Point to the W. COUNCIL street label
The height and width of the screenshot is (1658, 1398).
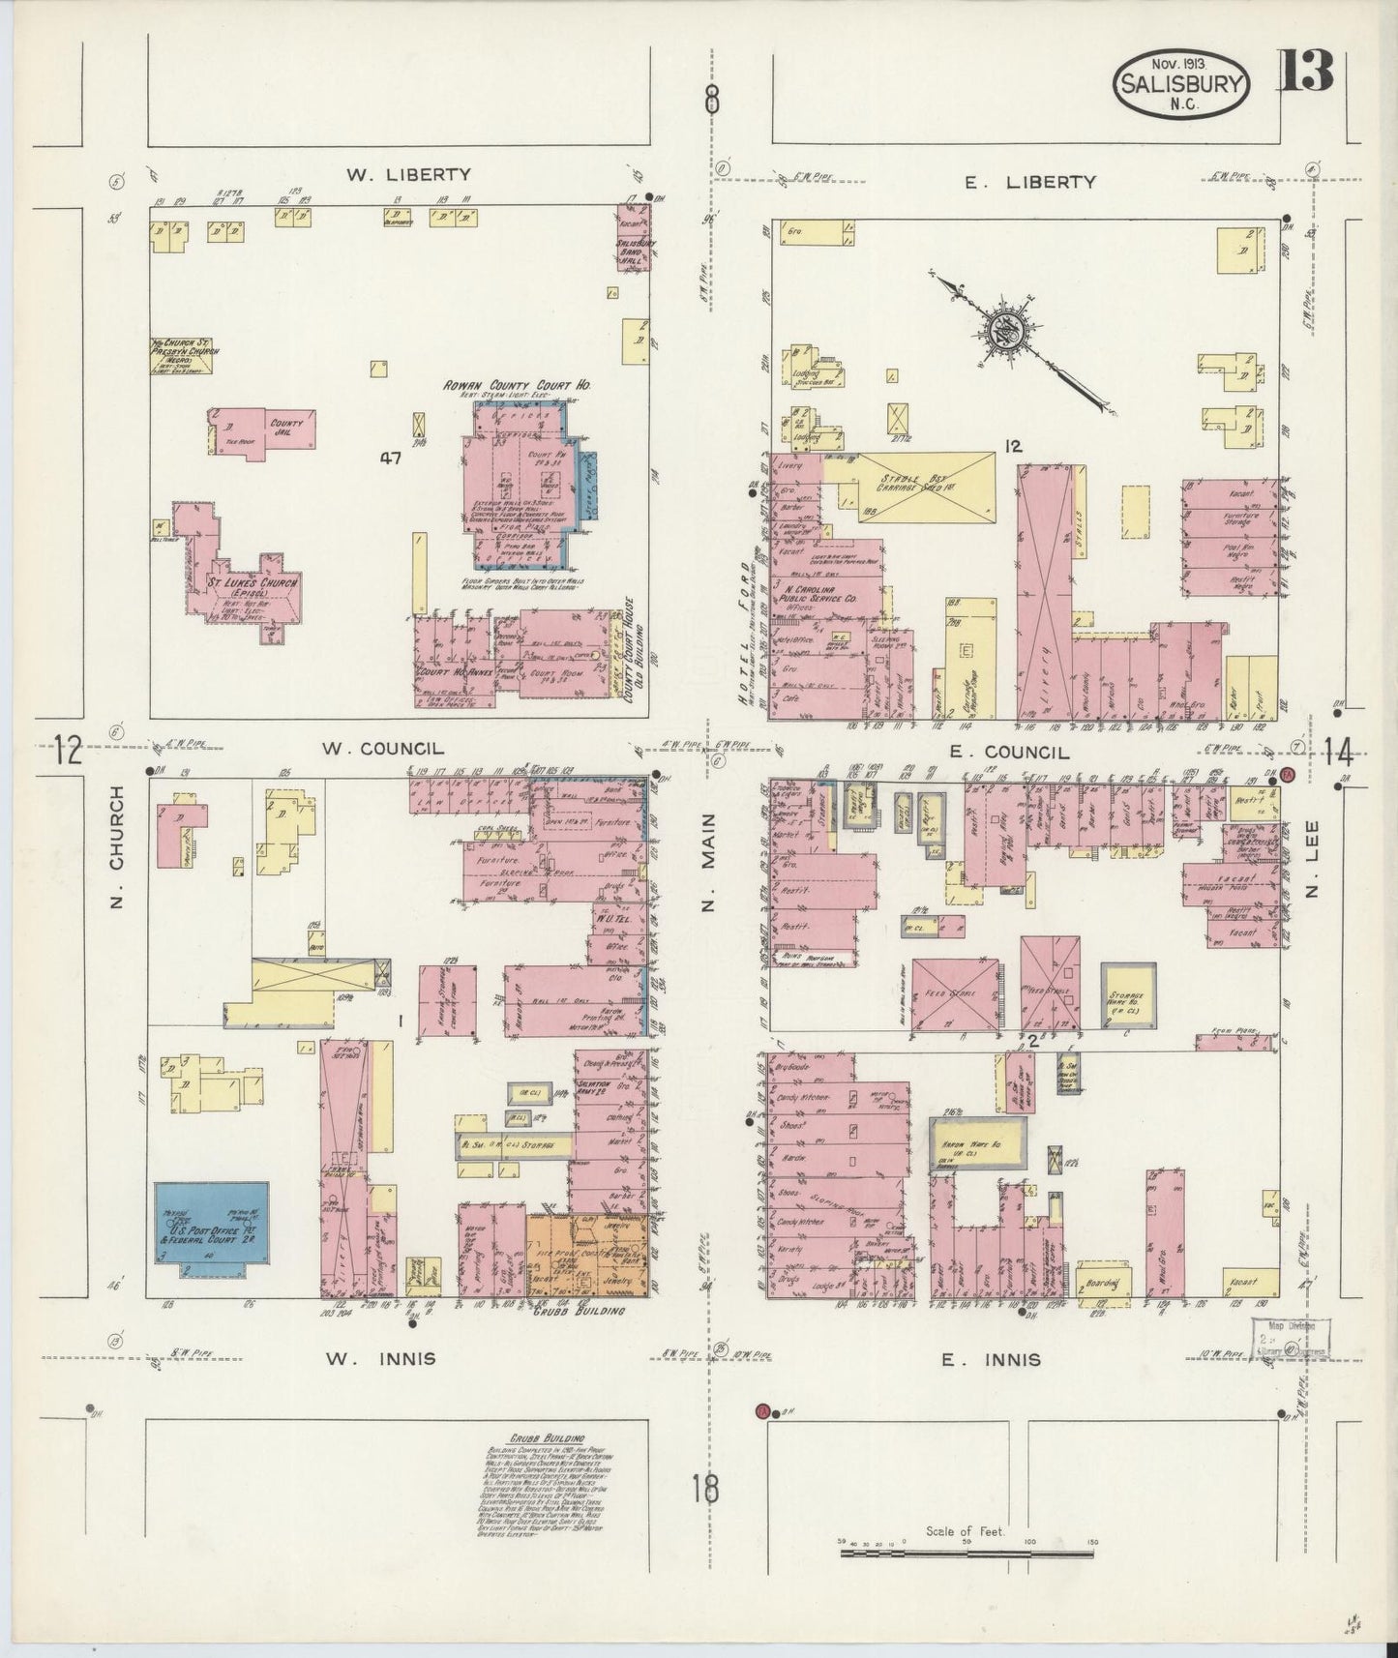pos(382,748)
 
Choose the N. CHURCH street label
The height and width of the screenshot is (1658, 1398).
pos(117,847)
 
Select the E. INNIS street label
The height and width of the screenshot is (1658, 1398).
pos(992,1360)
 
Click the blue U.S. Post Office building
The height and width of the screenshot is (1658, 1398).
pos(212,1228)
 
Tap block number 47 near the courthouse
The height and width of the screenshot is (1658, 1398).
pos(390,459)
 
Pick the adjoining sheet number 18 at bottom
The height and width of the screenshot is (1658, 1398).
pos(705,1487)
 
